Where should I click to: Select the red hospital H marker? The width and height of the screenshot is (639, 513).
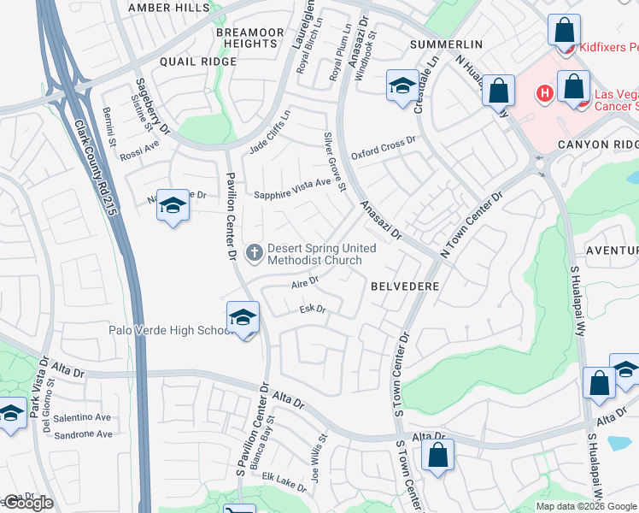pyautogui.click(x=543, y=91)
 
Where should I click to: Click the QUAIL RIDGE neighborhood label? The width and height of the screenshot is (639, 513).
pyautogui.click(x=198, y=62)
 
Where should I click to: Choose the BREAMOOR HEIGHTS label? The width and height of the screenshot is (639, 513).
pyautogui.click(x=249, y=38)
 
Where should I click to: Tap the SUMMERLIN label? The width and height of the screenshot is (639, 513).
pyautogui.click(x=446, y=44)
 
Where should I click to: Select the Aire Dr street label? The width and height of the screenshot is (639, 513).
pyautogui.click(x=305, y=280)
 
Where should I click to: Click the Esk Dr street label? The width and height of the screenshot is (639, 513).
pyautogui.click(x=313, y=310)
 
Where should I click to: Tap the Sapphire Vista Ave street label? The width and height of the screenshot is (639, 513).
pyautogui.click(x=291, y=194)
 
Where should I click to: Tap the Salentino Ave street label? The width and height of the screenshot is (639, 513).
pyautogui.click(x=83, y=417)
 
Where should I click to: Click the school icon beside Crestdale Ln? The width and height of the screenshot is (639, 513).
pyautogui.click(x=402, y=85)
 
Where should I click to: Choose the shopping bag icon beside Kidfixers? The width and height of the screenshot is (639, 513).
pyautogui.click(x=564, y=32)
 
